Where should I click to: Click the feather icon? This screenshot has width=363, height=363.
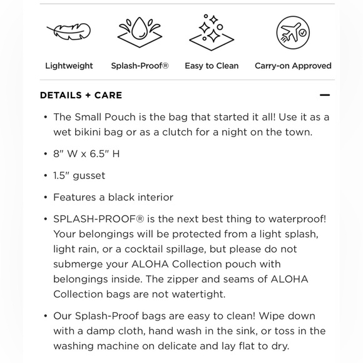(x=69, y=31)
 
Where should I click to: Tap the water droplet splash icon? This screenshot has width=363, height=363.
(x=140, y=31)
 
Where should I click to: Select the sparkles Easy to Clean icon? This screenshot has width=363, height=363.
(x=212, y=31)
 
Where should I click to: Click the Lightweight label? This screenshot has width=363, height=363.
(x=69, y=66)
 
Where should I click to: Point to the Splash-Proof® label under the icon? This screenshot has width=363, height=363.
(x=140, y=66)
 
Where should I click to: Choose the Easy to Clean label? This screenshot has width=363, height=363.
(x=212, y=66)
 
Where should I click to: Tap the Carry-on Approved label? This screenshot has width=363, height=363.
(x=293, y=66)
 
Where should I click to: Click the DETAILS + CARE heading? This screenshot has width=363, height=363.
(x=81, y=95)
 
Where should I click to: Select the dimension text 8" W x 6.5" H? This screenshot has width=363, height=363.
(x=86, y=154)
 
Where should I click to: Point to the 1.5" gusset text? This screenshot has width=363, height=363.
(x=79, y=176)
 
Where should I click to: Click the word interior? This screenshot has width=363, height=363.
(x=153, y=197)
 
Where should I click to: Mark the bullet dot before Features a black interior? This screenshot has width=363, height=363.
(x=46, y=198)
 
